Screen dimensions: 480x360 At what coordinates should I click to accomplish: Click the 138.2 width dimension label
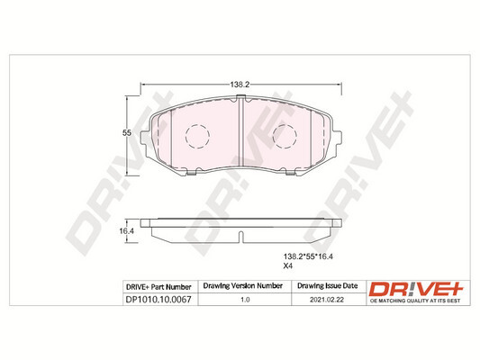pyautogui.click(x=240, y=85)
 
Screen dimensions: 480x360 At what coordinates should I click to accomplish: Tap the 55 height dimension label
pyautogui.click(x=127, y=133)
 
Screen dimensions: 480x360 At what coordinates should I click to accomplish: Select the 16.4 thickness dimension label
pyautogui.click(x=127, y=231)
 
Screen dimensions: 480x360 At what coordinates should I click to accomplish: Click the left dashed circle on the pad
pyautogui.click(x=197, y=137)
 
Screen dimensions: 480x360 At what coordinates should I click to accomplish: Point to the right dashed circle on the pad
pyautogui.click(x=285, y=137)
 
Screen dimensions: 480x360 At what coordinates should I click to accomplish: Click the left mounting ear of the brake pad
pyautogui.click(x=145, y=139)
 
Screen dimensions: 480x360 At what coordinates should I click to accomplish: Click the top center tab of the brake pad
pyautogui.click(x=241, y=97)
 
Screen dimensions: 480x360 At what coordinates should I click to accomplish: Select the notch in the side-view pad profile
pyautogui.click(x=241, y=237)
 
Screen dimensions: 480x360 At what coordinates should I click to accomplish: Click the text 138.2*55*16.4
pyautogui.click(x=308, y=256)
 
